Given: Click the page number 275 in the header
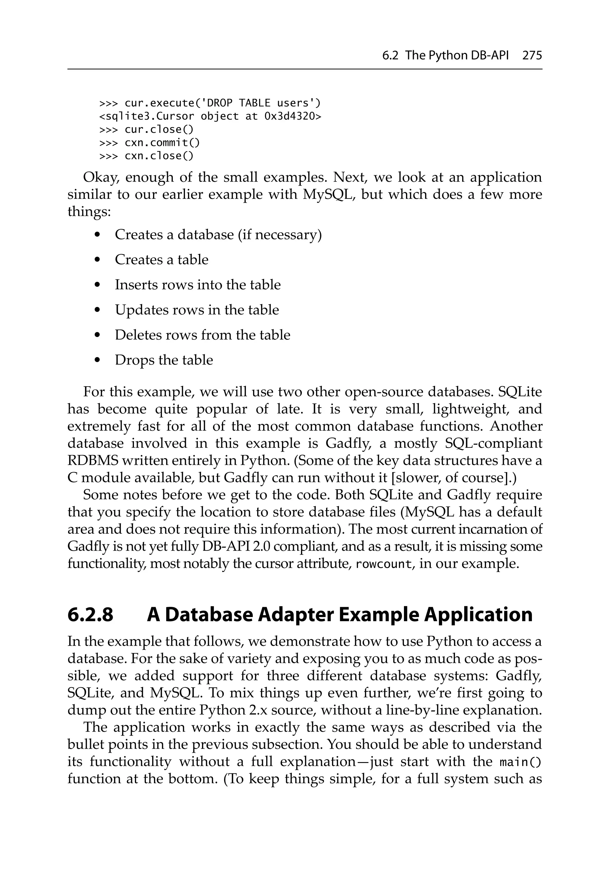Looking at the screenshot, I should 532,56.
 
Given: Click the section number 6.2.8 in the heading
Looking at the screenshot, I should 90,615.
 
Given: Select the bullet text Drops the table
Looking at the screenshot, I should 164,360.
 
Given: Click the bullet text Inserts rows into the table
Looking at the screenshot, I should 198,284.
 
